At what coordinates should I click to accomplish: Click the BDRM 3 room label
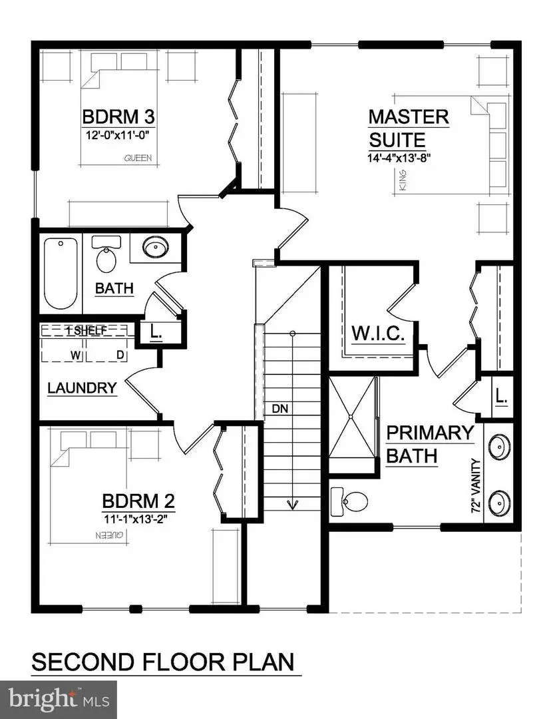click(119, 117)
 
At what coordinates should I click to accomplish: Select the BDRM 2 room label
click(138, 500)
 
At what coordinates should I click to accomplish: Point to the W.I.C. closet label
click(378, 333)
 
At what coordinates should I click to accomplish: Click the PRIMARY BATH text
click(430, 444)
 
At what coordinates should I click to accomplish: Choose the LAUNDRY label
click(83, 387)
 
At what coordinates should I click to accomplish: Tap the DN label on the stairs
click(279, 407)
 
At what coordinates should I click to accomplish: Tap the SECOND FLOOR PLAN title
click(164, 663)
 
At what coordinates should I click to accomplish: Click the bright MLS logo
click(59, 699)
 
